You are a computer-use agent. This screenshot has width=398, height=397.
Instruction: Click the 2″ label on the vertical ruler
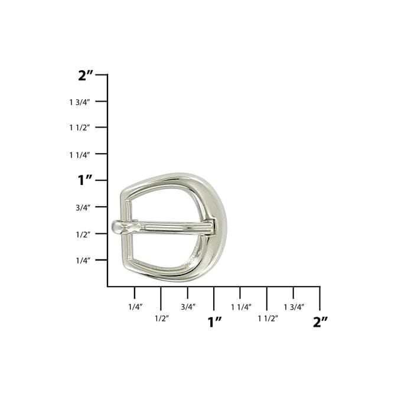[x=86, y=75]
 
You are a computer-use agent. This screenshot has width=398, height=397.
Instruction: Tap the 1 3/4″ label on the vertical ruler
[x=80, y=102]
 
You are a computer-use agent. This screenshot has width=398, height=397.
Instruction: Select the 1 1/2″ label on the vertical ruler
[x=80, y=128]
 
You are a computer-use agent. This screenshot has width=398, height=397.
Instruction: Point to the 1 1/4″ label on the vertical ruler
[x=80, y=154]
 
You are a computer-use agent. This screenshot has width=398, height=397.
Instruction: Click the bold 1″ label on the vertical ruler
[x=85, y=180]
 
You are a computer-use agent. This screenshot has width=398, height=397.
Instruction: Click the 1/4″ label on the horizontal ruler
[x=135, y=307]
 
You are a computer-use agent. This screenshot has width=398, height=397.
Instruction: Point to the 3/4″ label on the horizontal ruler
[x=188, y=307]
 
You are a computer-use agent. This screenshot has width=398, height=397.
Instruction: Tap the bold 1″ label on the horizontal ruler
[x=214, y=322]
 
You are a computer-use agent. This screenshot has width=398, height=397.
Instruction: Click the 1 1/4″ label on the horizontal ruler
[x=241, y=307]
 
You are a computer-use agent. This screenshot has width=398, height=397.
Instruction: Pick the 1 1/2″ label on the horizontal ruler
[x=267, y=318]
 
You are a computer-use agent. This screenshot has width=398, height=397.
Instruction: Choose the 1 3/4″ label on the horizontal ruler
[x=293, y=307]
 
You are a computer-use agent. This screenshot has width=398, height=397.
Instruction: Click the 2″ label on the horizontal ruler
[x=320, y=322]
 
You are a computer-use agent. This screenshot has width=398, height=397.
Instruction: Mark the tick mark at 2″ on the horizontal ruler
[x=319, y=298]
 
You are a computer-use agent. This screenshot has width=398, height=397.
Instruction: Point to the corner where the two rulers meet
[x=107, y=287]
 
